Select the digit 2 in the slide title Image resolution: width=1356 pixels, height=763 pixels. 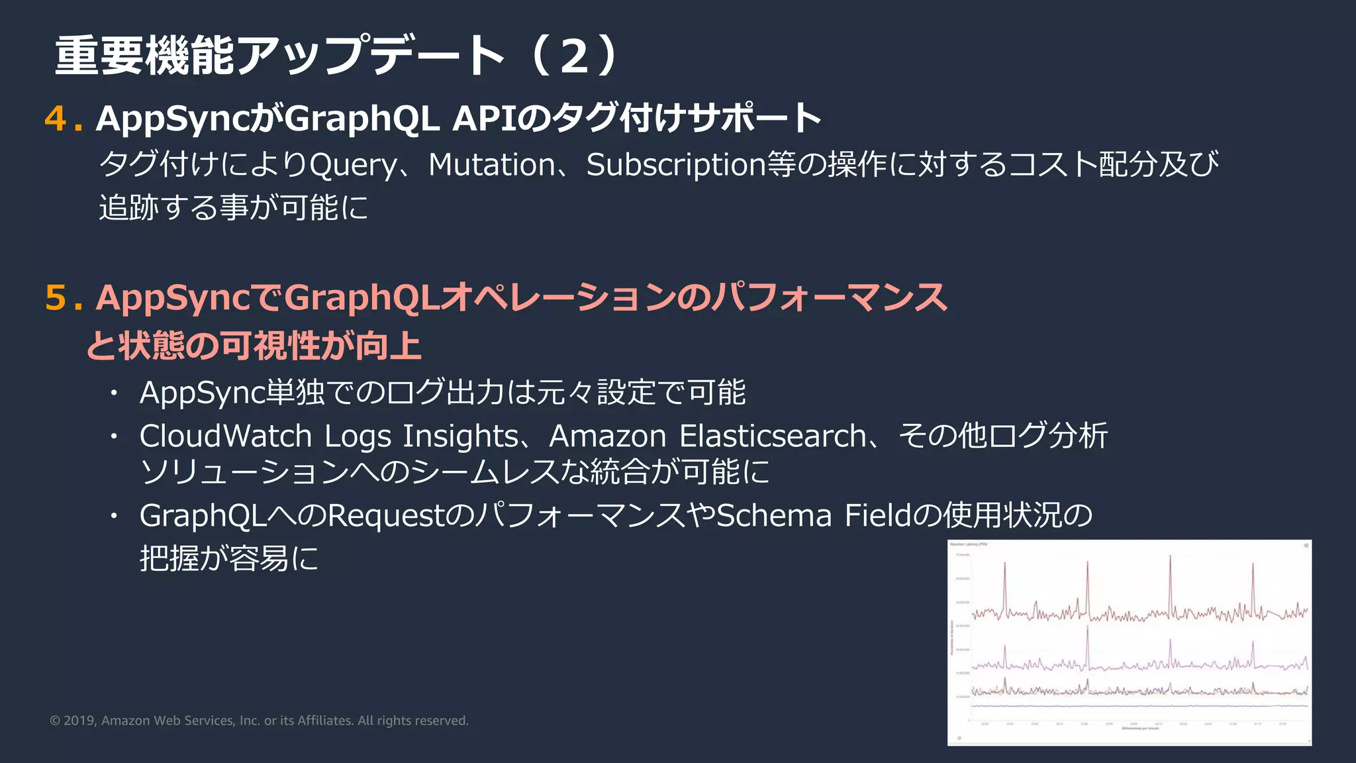pos(574,56)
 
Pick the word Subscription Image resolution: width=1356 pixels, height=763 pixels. pos(675,166)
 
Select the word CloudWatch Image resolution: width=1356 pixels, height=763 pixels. pos(225,436)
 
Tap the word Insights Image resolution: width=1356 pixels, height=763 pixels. pos(461,436)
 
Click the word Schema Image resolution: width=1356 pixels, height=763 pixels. pos(774,516)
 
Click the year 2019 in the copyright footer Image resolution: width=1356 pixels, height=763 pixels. pos(79,721)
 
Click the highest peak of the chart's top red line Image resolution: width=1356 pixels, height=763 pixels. pos(1170,558)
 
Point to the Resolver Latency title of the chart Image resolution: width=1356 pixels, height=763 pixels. pos(969,544)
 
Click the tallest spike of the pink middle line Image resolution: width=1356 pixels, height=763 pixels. pos(1087,628)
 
